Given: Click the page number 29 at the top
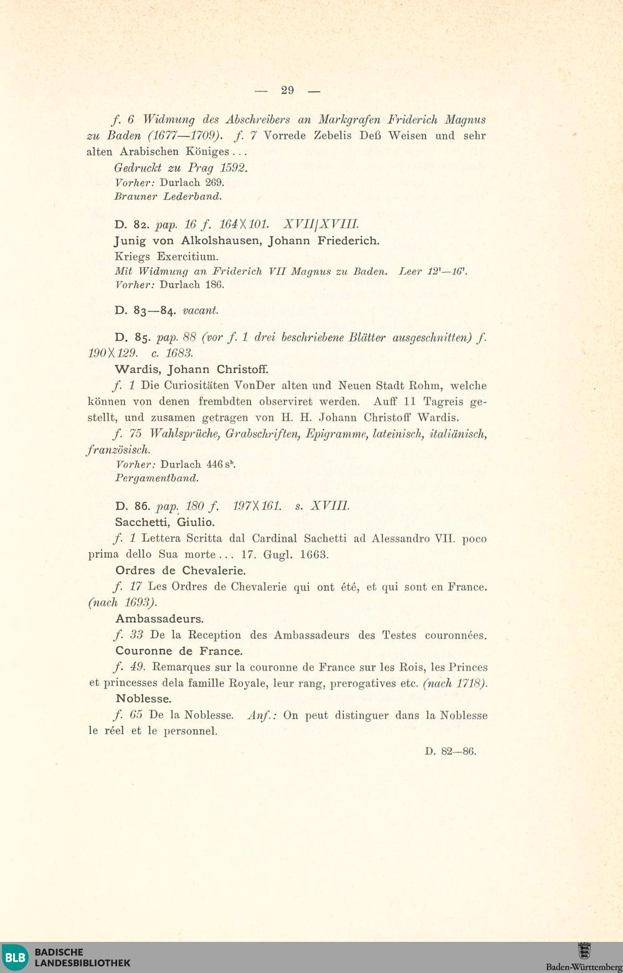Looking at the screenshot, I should click(287, 90).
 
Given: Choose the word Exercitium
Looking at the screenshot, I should click(188, 256).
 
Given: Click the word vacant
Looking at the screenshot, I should click(200, 311).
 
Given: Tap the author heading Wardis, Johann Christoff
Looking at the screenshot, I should click(191, 369).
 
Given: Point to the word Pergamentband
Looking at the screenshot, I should click(157, 479).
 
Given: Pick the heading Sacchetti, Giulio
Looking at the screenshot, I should click(164, 522).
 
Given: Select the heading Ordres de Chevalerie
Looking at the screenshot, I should click(181, 571).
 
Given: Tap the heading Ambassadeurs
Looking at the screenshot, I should click(159, 619).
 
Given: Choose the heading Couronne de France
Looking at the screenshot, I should click(179, 651).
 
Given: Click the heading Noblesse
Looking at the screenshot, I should click(143, 699).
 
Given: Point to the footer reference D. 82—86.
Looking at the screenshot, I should click(450, 751).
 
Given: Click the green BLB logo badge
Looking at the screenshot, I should click(16, 957).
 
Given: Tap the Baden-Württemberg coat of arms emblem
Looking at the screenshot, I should click(584, 951).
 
